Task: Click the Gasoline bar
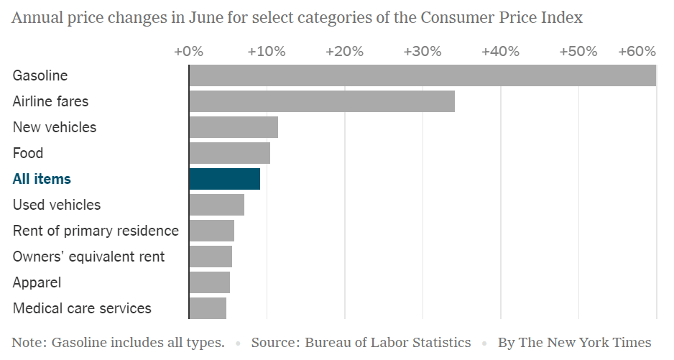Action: pyautogui.click(x=423, y=75)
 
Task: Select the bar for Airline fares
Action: pyautogui.click(x=322, y=101)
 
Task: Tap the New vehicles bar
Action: pyautogui.click(x=234, y=127)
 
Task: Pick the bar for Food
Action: pyautogui.click(x=230, y=153)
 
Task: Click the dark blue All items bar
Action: pyautogui.click(x=225, y=179)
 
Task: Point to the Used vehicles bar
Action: pyautogui.click(x=217, y=205)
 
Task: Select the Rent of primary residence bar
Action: pyautogui.click(x=212, y=231)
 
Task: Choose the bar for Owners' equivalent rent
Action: pyautogui.click(x=211, y=257)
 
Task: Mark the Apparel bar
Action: pyautogui.click(x=210, y=282)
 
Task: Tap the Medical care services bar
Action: pyautogui.click(x=208, y=308)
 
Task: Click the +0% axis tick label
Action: pyautogui.click(x=188, y=52)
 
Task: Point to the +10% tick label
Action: pyautogui.click(x=267, y=52)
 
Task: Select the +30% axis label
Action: pyautogui.click(x=423, y=52)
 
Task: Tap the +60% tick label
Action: pyautogui.click(x=637, y=52)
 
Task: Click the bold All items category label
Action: pyautogui.click(x=42, y=179)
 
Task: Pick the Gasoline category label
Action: pyautogui.click(x=40, y=75)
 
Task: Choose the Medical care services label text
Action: pyautogui.click(x=82, y=308)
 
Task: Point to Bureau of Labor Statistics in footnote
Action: pyautogui.click(x=388, y=343)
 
